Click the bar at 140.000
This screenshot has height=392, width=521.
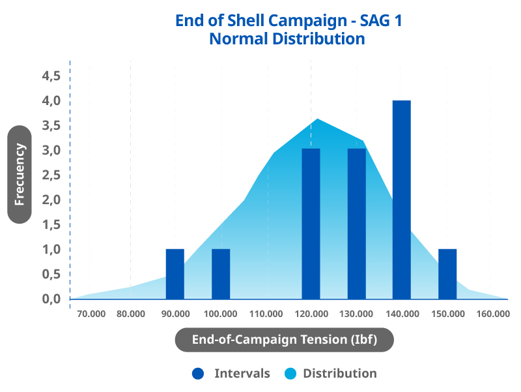pyautogui.click(x=402, y=200)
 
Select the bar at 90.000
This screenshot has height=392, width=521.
pyautogui.click(x=175, y=274)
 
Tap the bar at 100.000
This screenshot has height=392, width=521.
pyautogui.click(x=221, y=274)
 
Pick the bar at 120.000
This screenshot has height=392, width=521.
pyautogui.click(x=311, y=224)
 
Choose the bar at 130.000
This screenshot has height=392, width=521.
pyautogui.click(x=356, y=224)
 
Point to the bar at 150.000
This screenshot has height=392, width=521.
pyautogui.click(x=447, y=274)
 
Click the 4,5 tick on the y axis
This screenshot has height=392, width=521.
pyautogui.click(x=51, y=76)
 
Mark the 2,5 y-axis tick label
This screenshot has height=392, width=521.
pyautogui.click(x=51, y=175)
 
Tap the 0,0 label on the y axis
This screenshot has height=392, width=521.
pyautogui.click(x=51, y=299)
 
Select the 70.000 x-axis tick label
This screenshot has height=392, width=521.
pyautogui.click(x=91, y=314)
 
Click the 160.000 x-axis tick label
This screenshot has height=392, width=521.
pyautogui.click(x=492, y=314)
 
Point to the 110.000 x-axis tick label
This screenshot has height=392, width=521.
pyautogui.click(x=266, y=314)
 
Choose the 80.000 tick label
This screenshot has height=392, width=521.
pyautogui.click(x=131, y=314)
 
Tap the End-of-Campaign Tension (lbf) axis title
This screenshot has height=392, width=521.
pyautogui.click(x=285, y=340)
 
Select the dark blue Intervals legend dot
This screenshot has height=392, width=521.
pyautogui.click(x=198, y=374)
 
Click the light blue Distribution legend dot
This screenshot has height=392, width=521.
pyautogui.click(x=290, y=374)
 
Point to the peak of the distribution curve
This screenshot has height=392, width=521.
pyautogui.click(x=317, y=119)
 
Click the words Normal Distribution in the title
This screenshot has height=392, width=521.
pyautogui.click(x=287, y=38)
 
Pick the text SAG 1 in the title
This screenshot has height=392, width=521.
pyautogui.click(x=381, y=20)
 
